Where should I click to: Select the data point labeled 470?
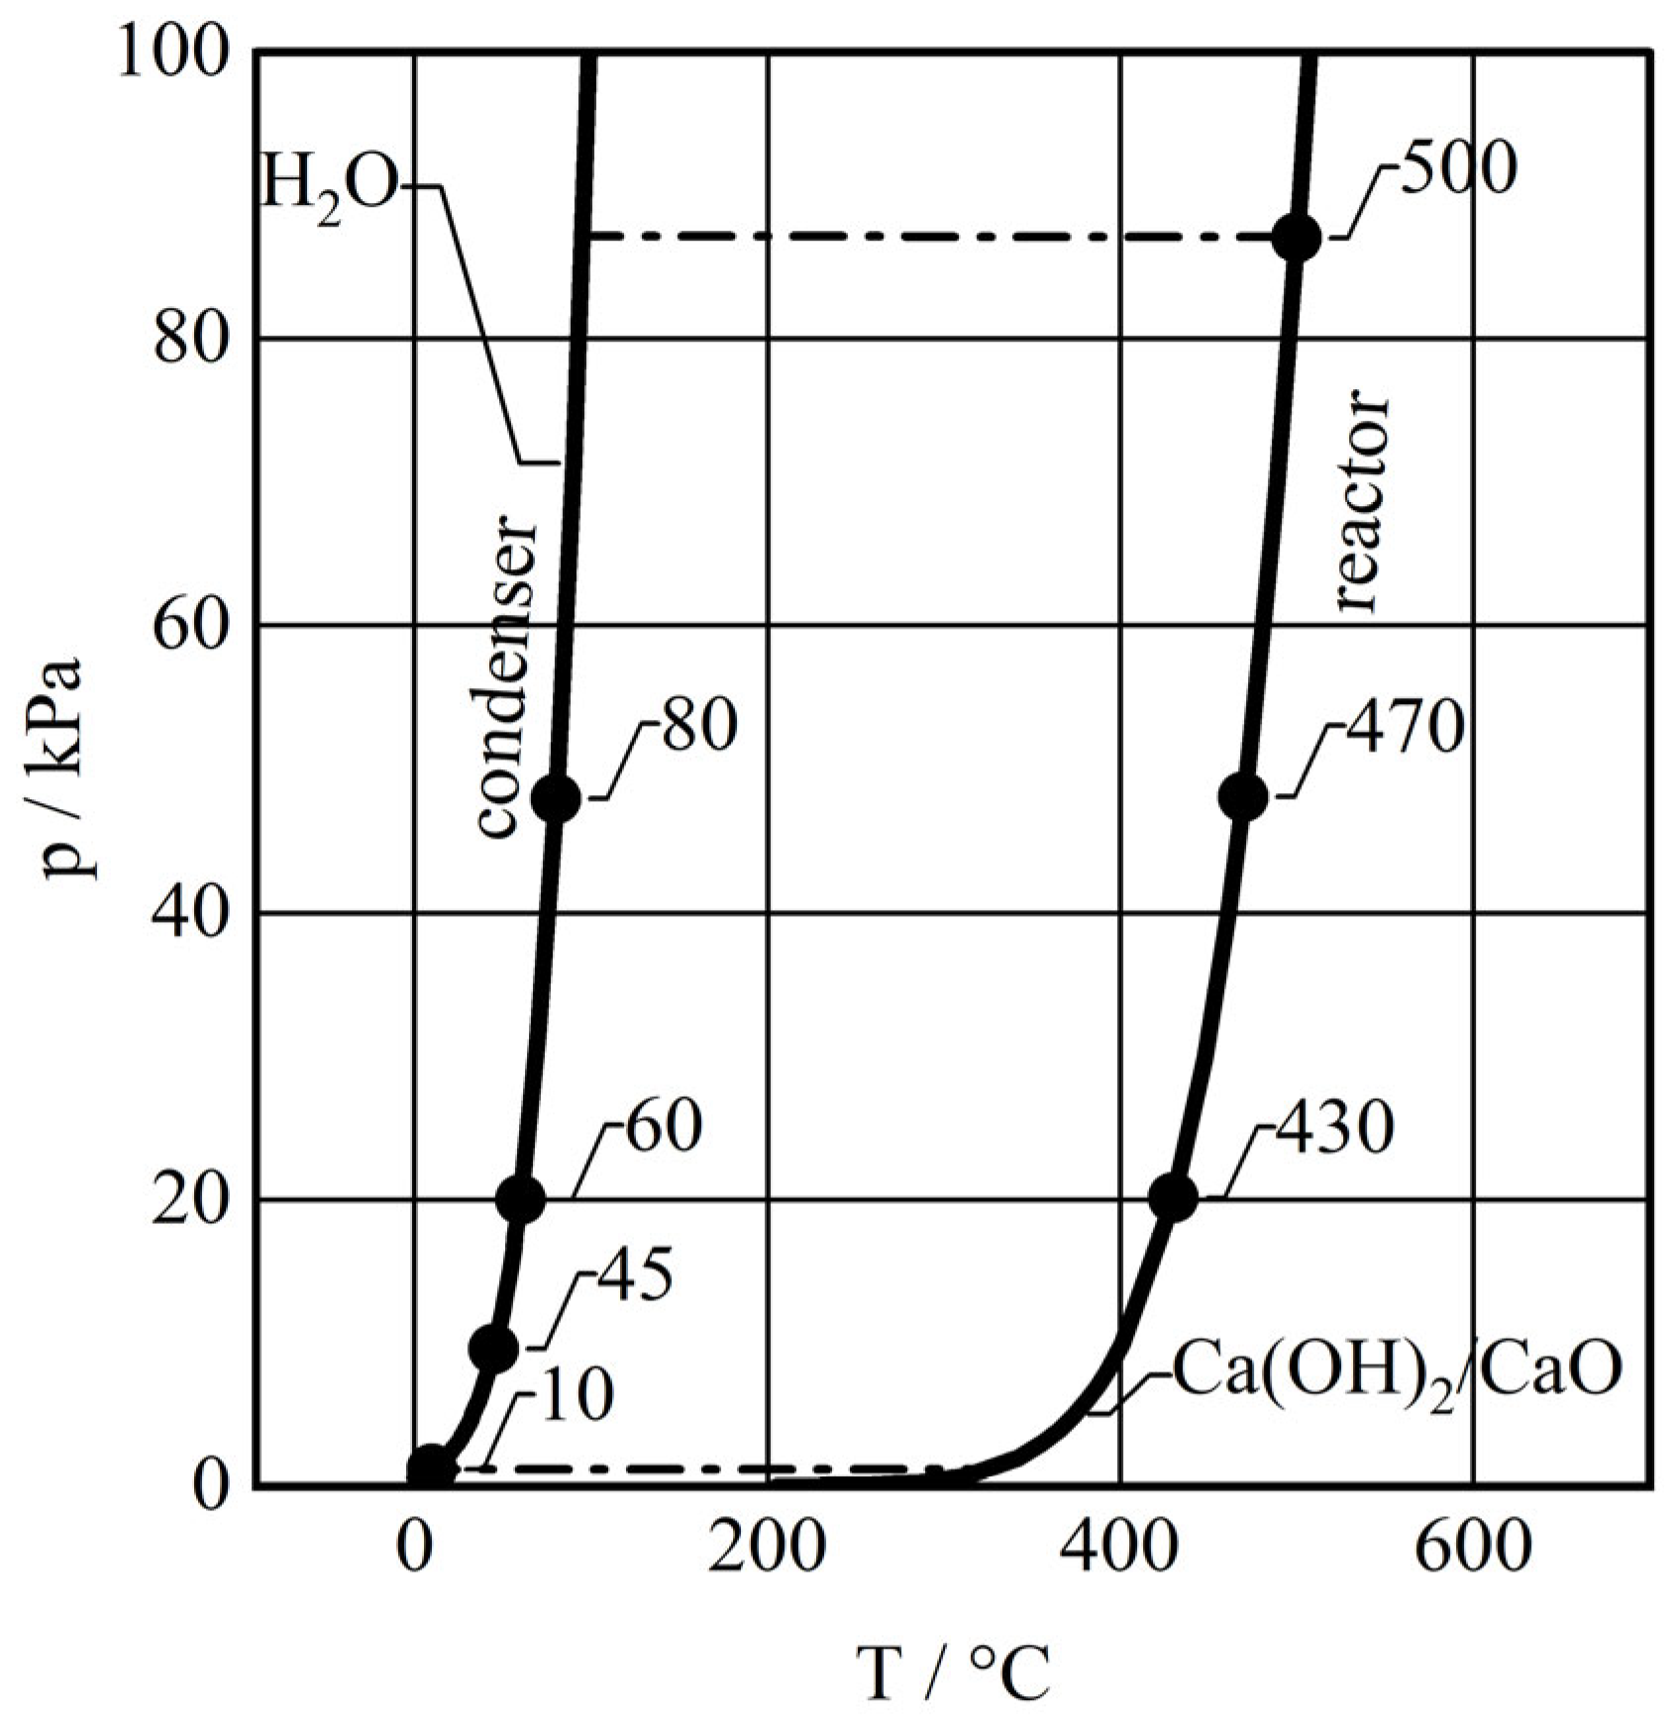pyautogui.click(x=1244, y=796)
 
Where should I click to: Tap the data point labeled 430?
pyautogui.click(x=1174, y=1197)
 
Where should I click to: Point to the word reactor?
pyautogui.click(x=1362, y=504)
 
